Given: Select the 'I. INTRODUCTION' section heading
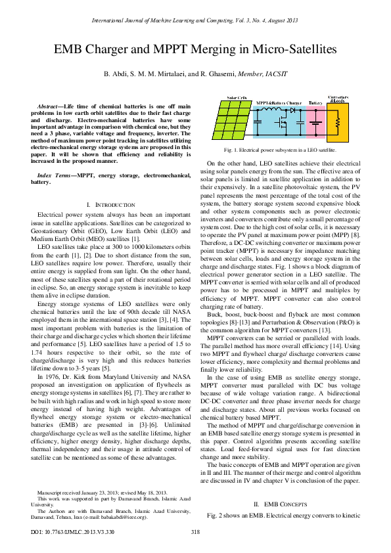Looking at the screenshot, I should pos(115,187).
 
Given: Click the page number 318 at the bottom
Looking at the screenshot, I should pos(195,531).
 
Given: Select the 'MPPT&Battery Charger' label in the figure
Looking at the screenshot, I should pos(279,103).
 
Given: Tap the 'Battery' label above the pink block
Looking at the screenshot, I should pos(315,103).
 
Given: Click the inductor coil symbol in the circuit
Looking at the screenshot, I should pos(271,110).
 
